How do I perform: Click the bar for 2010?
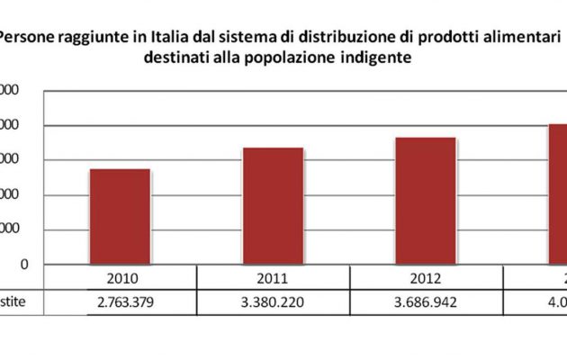pos(120,216)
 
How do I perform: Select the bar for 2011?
pos(273,206)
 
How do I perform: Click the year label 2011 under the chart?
pos(273,278)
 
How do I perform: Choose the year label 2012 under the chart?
pos(425,278)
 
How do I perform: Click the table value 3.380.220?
pos(273,302)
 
